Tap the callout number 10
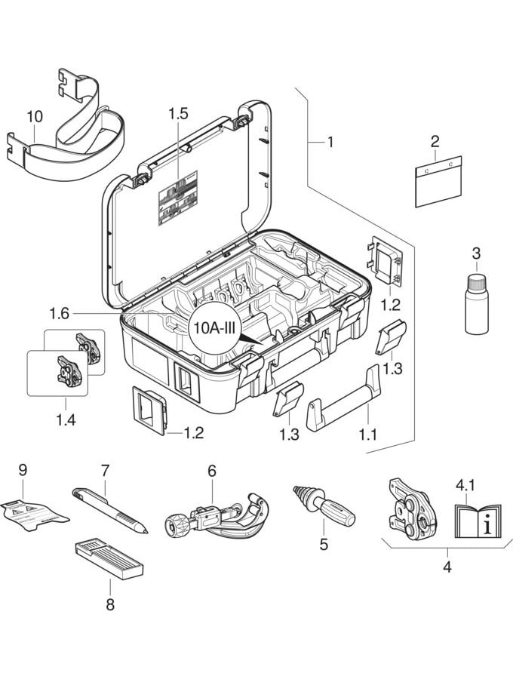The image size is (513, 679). click(x=35, y=118)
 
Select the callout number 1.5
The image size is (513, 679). click(x=178, y=115)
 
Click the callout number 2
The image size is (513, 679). click(x=435, y=141)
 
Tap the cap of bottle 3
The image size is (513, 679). click(x=476, y=281)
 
